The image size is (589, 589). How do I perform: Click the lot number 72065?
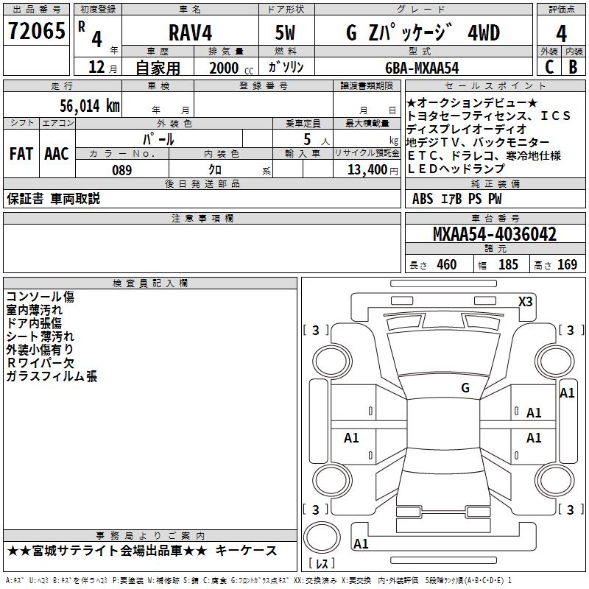pyautogui.click(x=36, y=30)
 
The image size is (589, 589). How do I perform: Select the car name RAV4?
pyautogui.click(x=190, y=32)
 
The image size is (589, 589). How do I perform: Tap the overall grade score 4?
pyautogui.click(x=561, y=34)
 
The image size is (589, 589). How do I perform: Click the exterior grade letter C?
pyautogui.click(x=549, y=67)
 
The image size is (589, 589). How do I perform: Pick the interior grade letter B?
pyautogui.click(x=573, y=67)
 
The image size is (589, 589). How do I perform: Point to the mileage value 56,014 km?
pyautogui.click(x=90, y=105)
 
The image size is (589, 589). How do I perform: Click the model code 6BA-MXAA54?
pyautogui.click(x=422, y=68)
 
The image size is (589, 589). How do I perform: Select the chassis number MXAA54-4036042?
pyautogui.click(x=495, y=234)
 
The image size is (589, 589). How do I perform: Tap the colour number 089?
pyautogui.click(x=122, y=170)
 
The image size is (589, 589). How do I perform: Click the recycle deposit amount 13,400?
pyautogui.click(x=367, y=170)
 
